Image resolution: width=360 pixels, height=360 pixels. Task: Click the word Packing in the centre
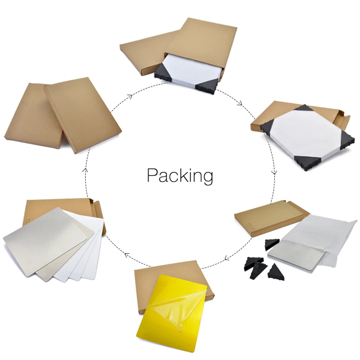[x=180, y=175]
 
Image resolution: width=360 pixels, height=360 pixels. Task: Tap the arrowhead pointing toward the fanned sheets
[x=127, y=256]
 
